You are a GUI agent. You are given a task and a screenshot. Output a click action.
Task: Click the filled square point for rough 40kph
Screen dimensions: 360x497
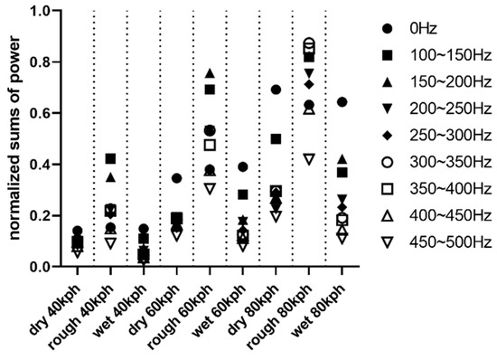tap(110, 158)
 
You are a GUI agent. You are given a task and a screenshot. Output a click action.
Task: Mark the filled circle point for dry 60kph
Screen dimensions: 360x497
tap(177, 178)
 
